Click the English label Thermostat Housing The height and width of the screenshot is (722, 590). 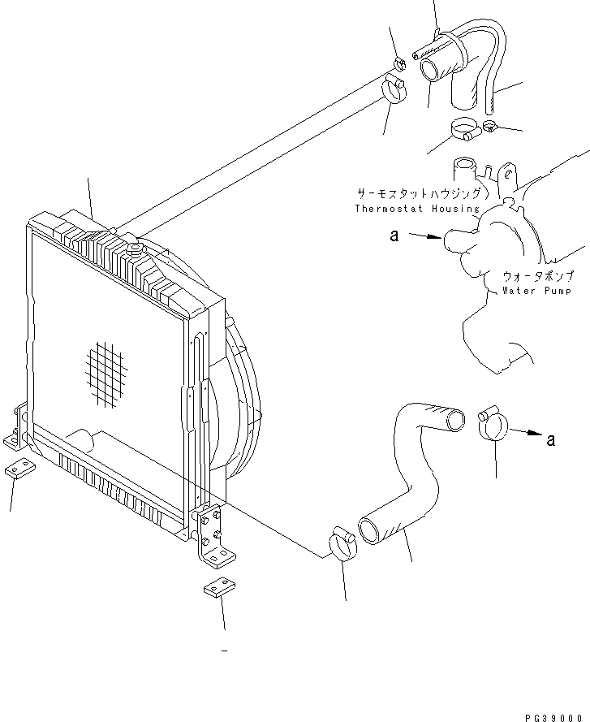[x=417, y=209]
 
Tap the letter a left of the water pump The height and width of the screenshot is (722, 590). [x=394, y=236]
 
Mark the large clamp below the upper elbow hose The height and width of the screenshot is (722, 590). [x=465, y=129]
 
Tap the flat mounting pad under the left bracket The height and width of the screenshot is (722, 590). [x=19, y=469]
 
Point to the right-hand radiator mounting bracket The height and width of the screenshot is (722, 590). [x=213, y=536]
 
